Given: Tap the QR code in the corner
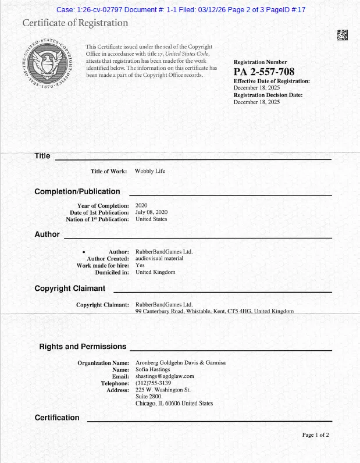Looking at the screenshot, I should click(x=343, y=35).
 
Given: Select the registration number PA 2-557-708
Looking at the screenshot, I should click(x=259, y=72).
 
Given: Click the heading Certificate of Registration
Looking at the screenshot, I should click(x=75, y=23).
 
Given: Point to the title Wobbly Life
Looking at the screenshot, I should click(x=150, y=172).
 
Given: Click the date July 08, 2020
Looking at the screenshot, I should click(x=151, y=212).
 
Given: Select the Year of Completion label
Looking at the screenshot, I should click(x=103, y=206).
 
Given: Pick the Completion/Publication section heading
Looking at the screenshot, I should click(x=77, y=191).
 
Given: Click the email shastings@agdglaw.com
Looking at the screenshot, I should click(x=165, y=376).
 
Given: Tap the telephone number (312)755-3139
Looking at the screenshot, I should click(x=154, y=383).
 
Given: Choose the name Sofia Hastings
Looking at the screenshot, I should click(x=153, y=369).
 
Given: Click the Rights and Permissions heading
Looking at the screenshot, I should click(x=83, y=347).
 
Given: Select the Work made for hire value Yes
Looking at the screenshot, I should click(x=140, y=265).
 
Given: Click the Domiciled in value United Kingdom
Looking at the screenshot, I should click(x=155, y=272).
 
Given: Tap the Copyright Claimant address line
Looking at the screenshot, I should click(x=214, y=311).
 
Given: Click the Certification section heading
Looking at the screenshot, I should click(x=57, y=418).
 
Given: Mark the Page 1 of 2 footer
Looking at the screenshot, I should click(x=316, y=435).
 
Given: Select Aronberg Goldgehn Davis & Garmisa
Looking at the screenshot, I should click(x=180, y=363).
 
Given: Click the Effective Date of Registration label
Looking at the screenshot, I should click(x=272, y=81).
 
